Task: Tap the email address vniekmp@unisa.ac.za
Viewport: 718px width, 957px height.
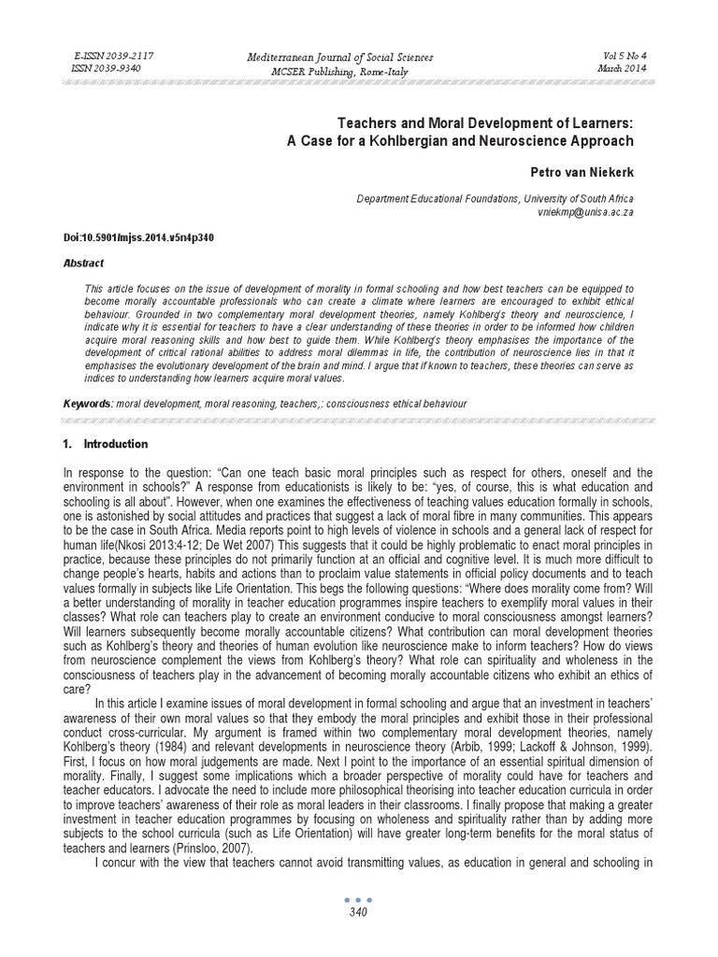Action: tap(586, 213)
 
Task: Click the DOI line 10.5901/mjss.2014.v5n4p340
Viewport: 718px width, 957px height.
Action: tap(138, 237)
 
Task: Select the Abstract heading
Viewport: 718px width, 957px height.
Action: tap(83, 264)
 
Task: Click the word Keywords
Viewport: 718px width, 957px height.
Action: tap(87, 403)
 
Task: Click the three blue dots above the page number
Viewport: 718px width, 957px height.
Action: tap(359, 900)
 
